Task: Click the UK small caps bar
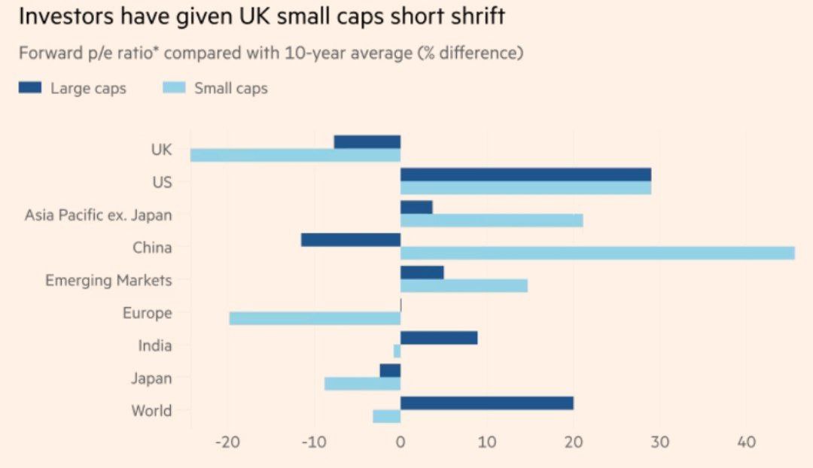coord(295,155)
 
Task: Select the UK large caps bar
coord(367,142)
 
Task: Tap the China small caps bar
coord(597,253)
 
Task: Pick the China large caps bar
coord(351,240)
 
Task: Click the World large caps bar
coord(486,403)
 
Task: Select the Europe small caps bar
coord(315,318)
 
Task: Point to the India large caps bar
coord(439,338)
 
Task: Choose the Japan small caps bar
coord(362,384)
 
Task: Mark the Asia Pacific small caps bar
coord(492,220)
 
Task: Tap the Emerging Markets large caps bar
coord(422,272)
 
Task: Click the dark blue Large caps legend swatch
coord(30,88)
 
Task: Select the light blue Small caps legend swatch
coord(174,88)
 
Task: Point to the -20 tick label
coord(227,442)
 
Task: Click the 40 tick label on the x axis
coord(746,442)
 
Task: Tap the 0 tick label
coord(400,442)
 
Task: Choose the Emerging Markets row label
coord(108,281)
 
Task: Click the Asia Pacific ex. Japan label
coord(98,215)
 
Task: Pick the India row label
coord(154,346)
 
